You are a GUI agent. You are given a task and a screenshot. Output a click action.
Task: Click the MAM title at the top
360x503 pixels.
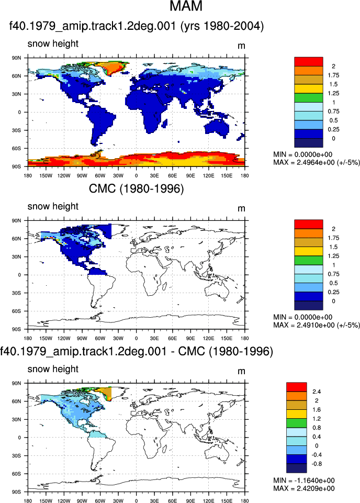point(186,6)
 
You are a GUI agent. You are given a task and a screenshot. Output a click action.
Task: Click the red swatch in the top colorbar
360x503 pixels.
point(308,62)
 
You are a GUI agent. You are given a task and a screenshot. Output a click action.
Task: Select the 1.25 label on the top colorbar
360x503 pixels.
point(333,93)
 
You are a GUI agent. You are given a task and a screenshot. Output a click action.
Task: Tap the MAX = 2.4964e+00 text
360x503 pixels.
point(317,162)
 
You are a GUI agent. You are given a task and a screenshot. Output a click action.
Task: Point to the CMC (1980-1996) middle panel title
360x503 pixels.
point(136,188)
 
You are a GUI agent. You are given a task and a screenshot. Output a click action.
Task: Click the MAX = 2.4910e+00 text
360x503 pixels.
point(317,325)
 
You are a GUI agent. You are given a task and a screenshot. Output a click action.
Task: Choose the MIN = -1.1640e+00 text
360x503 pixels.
point(304,480)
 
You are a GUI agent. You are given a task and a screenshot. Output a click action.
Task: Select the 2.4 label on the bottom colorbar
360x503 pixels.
point(317,392)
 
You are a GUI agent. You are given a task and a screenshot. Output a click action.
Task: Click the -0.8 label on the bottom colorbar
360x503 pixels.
point(317,464)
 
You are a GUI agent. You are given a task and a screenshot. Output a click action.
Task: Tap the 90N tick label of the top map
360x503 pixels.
point(17,58)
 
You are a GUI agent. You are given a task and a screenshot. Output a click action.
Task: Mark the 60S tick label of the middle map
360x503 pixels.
point(17,311)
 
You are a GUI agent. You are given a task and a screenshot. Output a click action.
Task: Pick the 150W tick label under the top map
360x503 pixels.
point(46,176)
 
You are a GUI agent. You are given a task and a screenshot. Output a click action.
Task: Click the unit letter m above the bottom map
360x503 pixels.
point(241,371)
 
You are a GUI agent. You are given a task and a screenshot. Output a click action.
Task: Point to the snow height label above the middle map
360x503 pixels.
point(53,206)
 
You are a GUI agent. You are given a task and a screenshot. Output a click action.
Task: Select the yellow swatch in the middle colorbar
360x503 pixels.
point(308,251)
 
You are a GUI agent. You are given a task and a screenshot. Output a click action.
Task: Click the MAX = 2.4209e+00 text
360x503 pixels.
point(304,488)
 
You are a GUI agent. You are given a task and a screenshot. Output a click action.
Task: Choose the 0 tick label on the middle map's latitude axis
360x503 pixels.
point(19,275)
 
